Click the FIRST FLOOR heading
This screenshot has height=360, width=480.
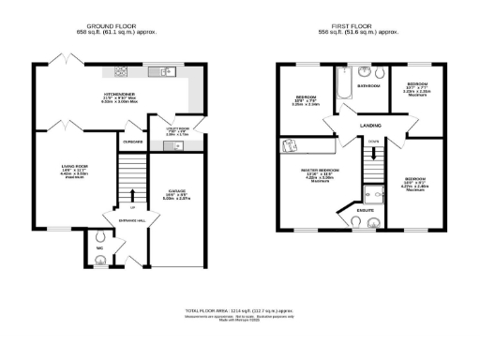pos(366,25)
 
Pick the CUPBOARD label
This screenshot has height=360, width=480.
pos(132,142)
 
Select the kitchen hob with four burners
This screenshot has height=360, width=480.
pos(122,72)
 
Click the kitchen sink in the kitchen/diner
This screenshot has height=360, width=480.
pos(165,72)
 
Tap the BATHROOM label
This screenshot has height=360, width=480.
pos(368,86)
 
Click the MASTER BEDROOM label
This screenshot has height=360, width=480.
pos(320,171)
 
